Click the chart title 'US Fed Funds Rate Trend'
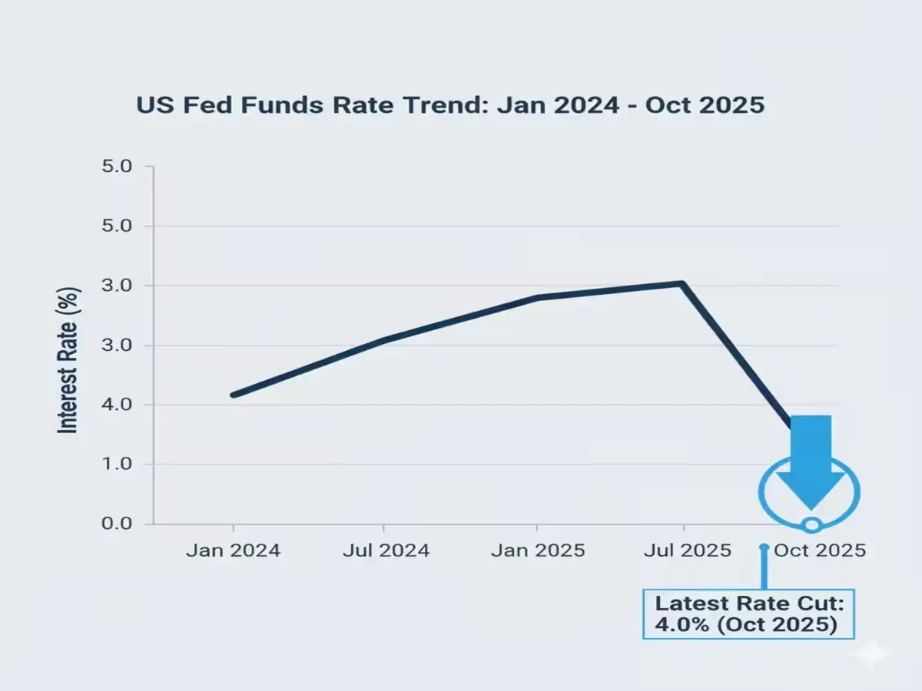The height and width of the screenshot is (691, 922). pyautogui.click(x=450, y=105)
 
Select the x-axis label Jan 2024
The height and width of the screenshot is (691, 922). pyautogui.click(x=234, y=550)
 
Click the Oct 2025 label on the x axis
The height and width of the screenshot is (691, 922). pyautogui.click(x=820, y=550)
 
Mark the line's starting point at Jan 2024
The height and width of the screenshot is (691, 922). pyautogui.click(x=234, y=395)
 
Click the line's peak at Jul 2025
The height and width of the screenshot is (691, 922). pyautogui.click(x=682, y=284)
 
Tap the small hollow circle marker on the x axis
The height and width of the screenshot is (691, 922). pyautogui.click(x=811, y=525)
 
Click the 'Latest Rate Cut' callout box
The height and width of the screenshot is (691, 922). pyautogui.click(x=748, y=614)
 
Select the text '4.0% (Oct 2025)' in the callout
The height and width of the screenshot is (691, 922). pyautogui.click(x=745, y=625)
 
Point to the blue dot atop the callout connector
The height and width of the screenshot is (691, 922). pyautogui.click(x=764, y=548)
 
